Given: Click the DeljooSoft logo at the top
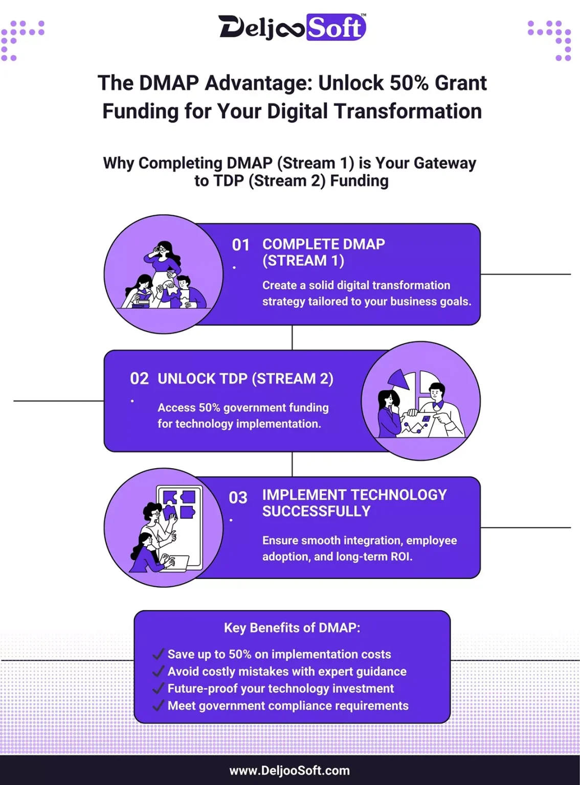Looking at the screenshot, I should click(x=292, y=27).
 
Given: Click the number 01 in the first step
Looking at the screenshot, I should click(x=240, y=245).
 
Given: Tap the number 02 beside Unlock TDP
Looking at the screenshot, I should click(x=139, y=379).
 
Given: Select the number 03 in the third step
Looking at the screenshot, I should click(x=238, y=497).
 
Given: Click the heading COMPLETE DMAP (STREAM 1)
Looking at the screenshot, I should click(x=323, y=252).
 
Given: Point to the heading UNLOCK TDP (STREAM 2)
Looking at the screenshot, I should click(x=246, y=379).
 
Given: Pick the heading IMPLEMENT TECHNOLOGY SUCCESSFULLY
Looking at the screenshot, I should click(x=354, y=503).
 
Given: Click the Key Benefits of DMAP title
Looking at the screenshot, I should click(x=292, y=628).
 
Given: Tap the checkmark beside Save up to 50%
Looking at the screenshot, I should click(x=159, y=654).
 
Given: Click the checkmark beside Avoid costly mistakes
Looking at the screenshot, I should click(x=159, y=671).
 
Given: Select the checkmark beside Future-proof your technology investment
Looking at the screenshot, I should click(x=159, y=688).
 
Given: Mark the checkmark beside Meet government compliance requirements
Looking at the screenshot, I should click(x=159, y=706).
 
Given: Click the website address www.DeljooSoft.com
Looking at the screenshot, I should click(x=289, y=770).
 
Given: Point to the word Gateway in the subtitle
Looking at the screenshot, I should click(x=445, y=163).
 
